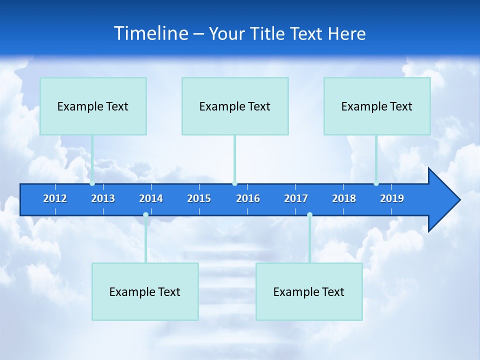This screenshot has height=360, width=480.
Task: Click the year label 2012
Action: (x=55, y=198)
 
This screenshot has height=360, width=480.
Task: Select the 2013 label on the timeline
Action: (x=103, y=198)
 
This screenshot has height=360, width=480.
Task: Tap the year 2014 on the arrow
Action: (x=151, y=198)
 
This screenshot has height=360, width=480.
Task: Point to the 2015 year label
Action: (x=199, y=198)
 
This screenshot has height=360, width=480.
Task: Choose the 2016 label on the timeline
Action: (x=248, y=198)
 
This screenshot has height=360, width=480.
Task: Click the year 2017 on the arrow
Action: (x=296, y=198)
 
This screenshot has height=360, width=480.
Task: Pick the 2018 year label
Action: (x=344, y=198)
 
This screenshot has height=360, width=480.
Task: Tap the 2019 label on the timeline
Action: (x=392, y=198)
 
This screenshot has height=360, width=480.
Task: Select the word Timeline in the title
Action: (x=151, y=33)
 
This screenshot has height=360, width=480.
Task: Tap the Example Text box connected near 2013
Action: (x=93, y=106)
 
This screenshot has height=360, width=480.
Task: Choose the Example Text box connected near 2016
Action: (x=235, y=106)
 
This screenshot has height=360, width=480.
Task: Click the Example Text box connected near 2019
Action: (x=377, y=106)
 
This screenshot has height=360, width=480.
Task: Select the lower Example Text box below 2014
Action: (x=145, y=291)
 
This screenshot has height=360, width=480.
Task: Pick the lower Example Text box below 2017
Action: (x=309, y=291)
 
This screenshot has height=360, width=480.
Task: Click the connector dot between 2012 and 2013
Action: (x=92, y=183)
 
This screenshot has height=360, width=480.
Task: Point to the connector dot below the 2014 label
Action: (x=145, y=215)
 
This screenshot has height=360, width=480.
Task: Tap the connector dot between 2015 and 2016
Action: (x=234, y=183)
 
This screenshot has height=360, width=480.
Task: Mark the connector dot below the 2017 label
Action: (x=309, y=215)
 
